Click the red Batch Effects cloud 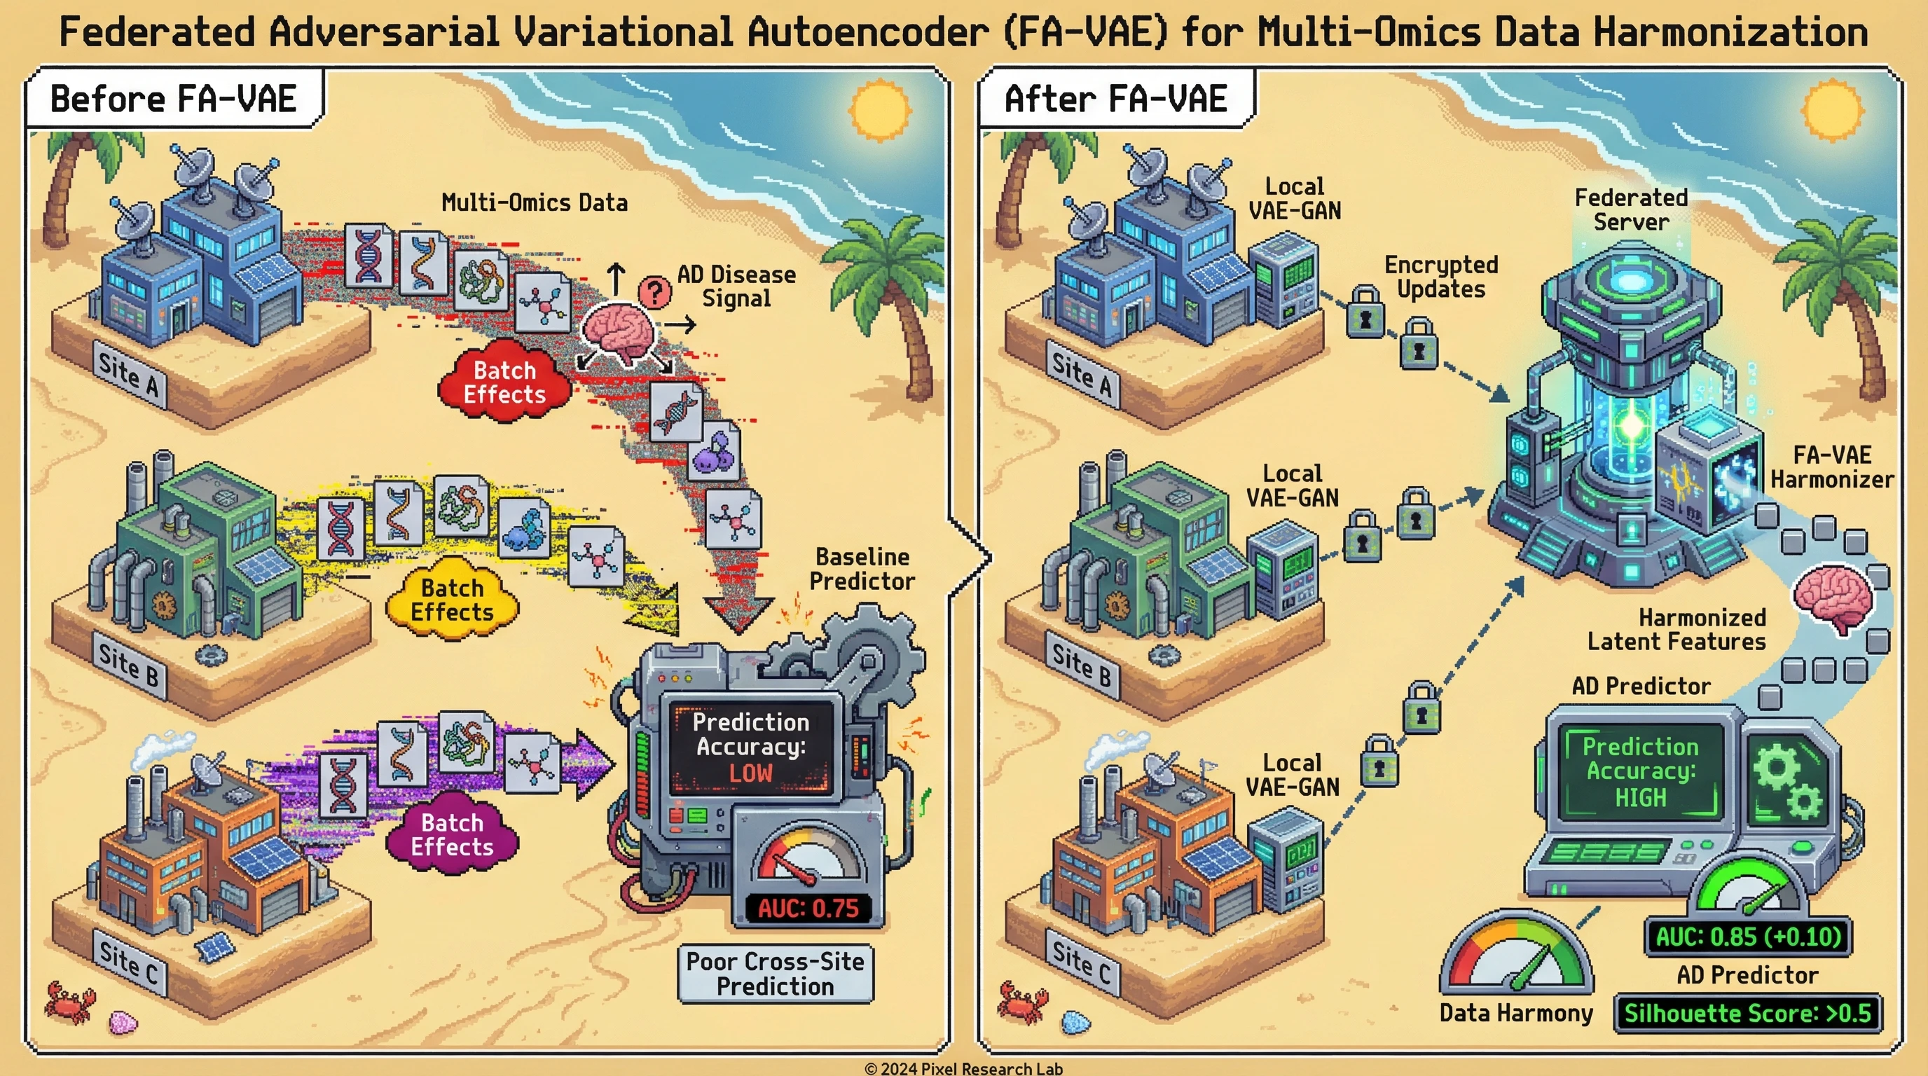pyautogui.click(x=504, y=382)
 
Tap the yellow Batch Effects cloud pyautogui.click(x=452, y=600)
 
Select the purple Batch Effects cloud pyautogui.click(x=452, y=834)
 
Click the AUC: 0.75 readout pyautogui.click(x=808, y=909)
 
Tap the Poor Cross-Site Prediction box pyautogui.click(x=776, y=974)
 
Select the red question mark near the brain pyautogui.click(x=655, y=292)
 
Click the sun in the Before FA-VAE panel pyautogui.click(x=880, y=110)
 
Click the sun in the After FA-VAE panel pyautogui.click(x=1833, y=110)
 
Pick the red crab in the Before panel pyautogui.click(x=69, y=1002)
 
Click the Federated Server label pyautogui.click(x=1631, y=209)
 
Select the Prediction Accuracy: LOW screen pyautogui.click(x=751, y=747)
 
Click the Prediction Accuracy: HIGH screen pyautogui.click(x=1641, y=771)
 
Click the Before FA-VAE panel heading pyautogui.click(x=174, y=99)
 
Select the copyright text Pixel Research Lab pyautogui.click(x=964, y=1068)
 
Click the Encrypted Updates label pyautogui.click(x=1441, y=277)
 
